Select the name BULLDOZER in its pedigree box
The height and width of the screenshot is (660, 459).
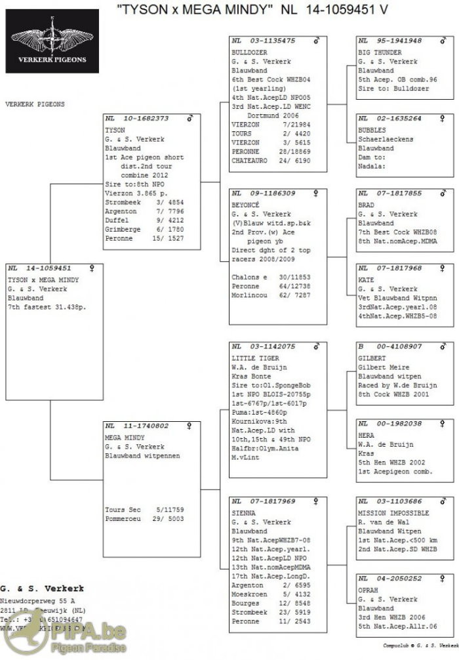click(250, 52)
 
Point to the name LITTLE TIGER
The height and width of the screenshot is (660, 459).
click(256, 358)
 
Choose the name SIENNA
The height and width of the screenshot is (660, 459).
click(244, 512)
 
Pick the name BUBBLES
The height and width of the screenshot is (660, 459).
click(372, 130)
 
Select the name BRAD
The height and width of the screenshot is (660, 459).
click(367, 205)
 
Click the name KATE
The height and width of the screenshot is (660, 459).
click(367, 280)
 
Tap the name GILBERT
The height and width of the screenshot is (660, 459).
click(372, 358)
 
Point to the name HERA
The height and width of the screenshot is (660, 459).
click(367, 435)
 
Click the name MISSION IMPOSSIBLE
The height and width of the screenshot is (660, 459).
click(393, 513)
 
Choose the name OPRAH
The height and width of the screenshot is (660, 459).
click(369, 590)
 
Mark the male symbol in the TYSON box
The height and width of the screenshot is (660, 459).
click(191, 119)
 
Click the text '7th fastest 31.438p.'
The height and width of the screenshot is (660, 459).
click(47, 307)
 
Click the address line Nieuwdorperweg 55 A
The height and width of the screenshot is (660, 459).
click(38, 600)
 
